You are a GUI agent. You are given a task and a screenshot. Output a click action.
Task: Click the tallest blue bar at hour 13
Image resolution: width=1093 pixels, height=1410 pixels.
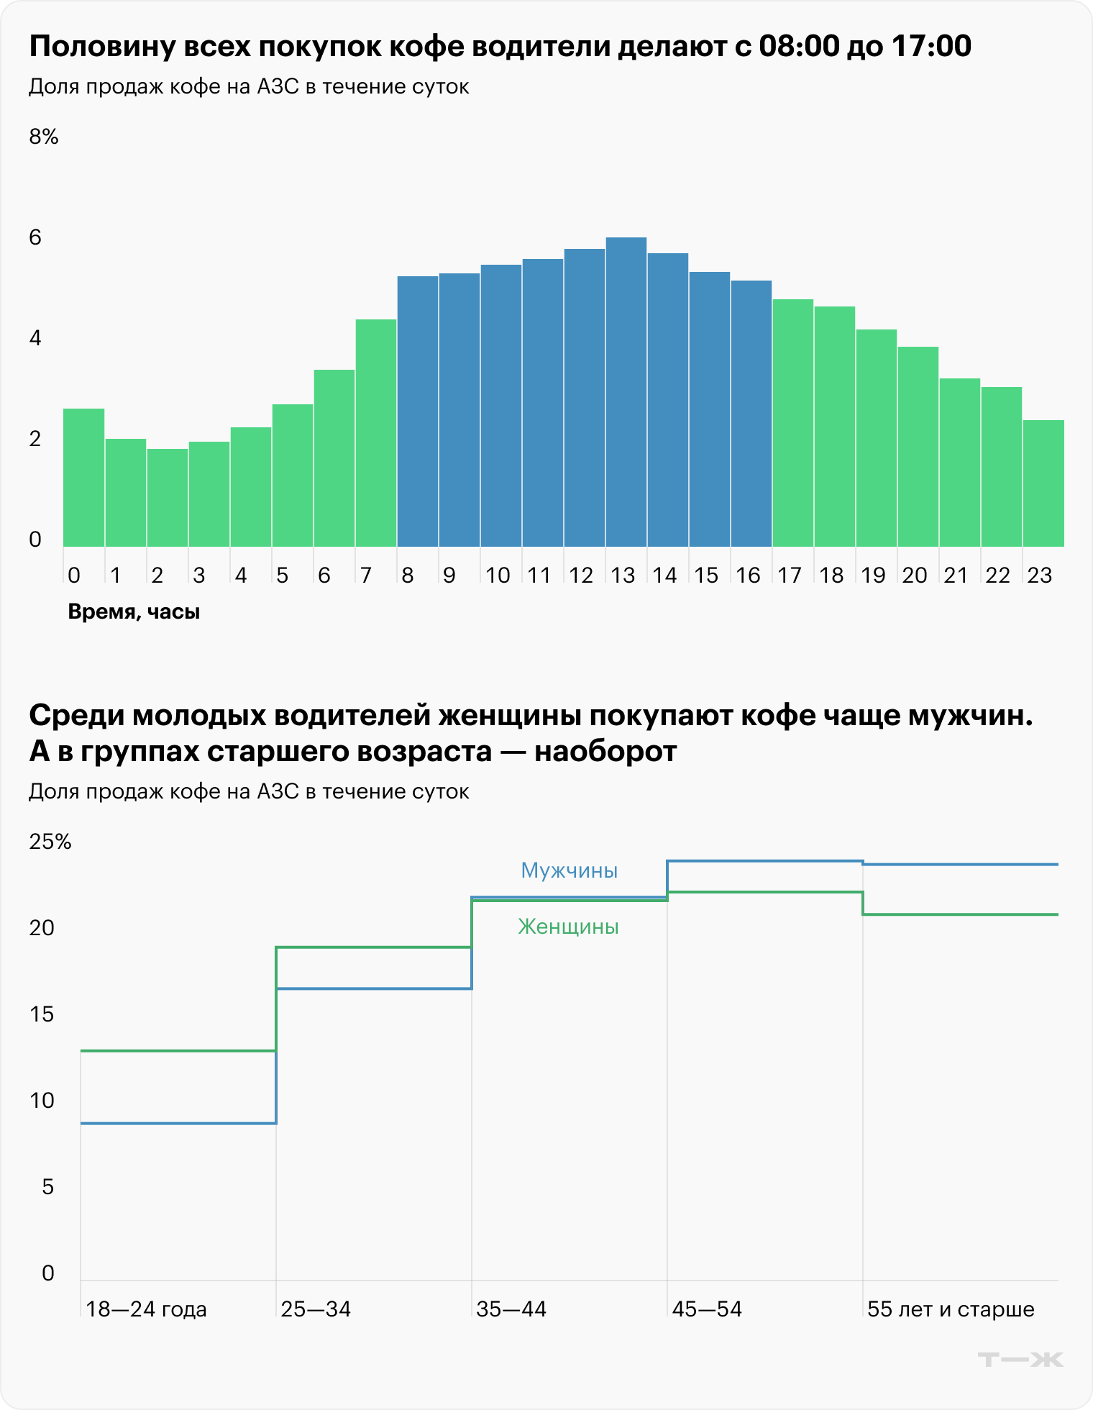(626, 392)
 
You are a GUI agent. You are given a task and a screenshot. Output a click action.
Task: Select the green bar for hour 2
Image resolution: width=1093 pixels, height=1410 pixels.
(168, 498)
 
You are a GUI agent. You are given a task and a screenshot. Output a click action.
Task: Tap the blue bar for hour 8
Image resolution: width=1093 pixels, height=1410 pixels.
(418, 411)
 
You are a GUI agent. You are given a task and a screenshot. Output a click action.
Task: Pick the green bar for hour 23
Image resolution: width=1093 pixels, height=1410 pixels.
(1043, 483)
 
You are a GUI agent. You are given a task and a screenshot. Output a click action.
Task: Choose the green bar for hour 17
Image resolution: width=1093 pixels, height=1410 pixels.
(792, 423)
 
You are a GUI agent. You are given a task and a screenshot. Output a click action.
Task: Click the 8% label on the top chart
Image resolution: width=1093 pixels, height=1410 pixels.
(44, 137)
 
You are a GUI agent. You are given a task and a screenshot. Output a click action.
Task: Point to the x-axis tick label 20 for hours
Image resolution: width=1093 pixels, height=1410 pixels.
(915, 576)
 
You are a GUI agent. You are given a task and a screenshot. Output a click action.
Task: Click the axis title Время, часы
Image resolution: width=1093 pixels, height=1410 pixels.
(134, 612)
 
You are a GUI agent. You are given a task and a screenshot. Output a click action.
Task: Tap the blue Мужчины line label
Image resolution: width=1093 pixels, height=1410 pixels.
(569, 870)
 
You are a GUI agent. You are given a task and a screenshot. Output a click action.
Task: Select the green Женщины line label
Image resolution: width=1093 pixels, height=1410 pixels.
(568, 927)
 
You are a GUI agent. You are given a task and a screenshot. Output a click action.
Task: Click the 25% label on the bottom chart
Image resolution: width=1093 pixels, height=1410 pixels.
(50, 842)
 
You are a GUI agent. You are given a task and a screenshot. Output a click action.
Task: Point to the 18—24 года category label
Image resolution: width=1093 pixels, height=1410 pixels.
(146, 1309)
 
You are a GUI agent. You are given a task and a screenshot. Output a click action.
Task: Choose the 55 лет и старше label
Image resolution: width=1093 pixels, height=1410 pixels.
(951, 1309)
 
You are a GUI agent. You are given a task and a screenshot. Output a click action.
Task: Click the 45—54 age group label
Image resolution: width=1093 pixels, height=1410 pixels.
(707, 1309)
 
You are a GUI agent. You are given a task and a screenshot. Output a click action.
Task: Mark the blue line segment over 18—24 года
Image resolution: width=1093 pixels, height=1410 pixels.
(178, 1123)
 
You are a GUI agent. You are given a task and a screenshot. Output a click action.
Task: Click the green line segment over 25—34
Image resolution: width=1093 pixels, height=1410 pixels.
(374, 947)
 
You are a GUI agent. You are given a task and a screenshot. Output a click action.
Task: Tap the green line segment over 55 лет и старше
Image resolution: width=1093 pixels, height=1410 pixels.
(960, 914)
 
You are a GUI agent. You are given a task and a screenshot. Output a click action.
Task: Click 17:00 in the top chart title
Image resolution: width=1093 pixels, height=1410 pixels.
(931, 46)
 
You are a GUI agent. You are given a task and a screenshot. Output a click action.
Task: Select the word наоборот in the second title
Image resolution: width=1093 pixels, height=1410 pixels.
(605, 752)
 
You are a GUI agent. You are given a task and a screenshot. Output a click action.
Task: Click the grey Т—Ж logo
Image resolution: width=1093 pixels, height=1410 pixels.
(1020, 1360)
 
